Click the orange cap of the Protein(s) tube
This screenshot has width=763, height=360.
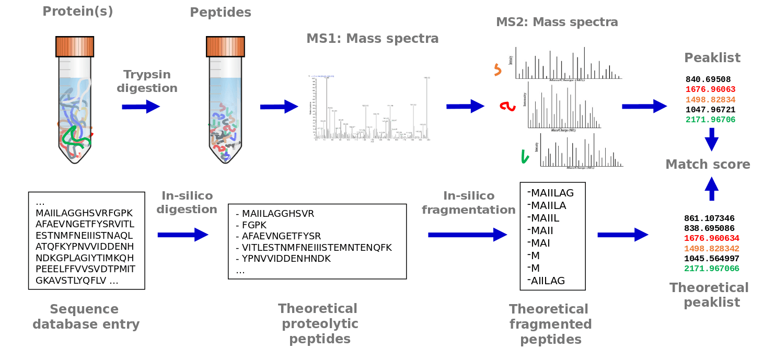(x=74, y=46)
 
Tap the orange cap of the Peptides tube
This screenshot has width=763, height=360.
(x=225, y=46)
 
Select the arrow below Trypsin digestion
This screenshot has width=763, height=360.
(x=141, y=107)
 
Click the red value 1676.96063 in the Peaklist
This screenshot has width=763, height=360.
(x=710, y=89)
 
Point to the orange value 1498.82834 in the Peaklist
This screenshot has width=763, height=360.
(x=710, y=99)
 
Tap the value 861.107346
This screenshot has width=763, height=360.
(x=709, y=218)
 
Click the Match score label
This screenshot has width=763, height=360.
(x=708, y=165)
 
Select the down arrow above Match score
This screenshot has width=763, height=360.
(x=711, y=140)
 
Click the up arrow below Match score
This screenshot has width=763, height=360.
(x=711, y=188)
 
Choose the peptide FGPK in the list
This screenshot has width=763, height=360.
(x=255, y=225)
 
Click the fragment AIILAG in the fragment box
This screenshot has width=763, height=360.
(x=548, y=281)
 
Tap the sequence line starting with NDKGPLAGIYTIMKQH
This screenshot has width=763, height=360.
(x=84, y=258)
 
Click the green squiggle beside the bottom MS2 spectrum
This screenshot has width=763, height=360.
(x=525, y=156)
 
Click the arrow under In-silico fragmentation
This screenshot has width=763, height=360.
(x=467, y=235)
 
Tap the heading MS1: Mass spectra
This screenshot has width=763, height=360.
(x=372, y=38)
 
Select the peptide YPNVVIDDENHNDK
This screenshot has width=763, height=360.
(x=286, y=259)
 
